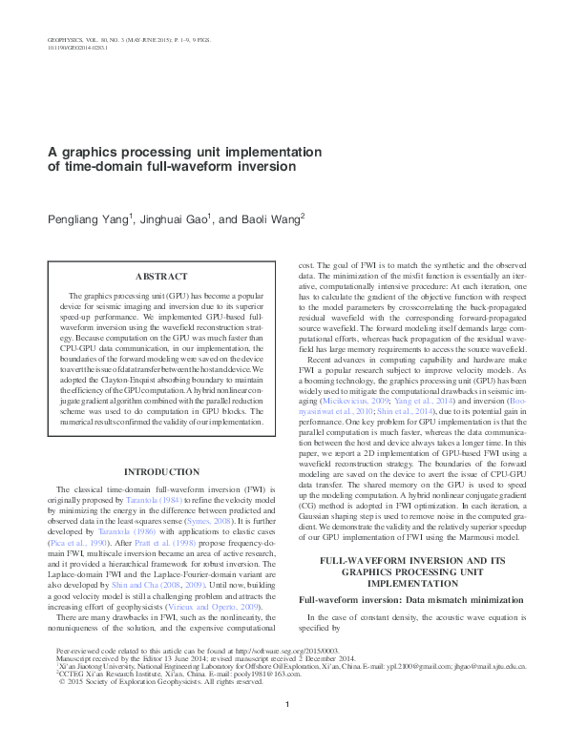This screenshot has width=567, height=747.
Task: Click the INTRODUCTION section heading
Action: click(168, 445)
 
